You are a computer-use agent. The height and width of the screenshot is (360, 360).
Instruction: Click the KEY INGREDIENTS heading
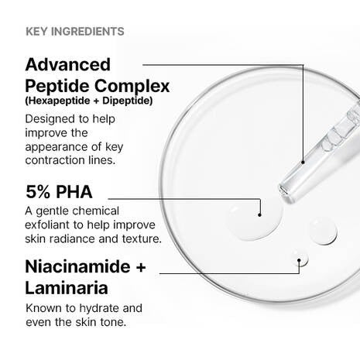(x=75, y=32)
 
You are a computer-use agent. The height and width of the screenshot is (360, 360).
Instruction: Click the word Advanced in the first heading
(x=68, y=64)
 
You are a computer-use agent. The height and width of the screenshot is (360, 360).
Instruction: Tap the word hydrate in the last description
(x=94, y=307)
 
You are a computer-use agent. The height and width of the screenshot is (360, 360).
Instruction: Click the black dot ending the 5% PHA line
(x=260, y=214)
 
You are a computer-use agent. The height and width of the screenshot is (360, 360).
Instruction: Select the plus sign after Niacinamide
(x=140, y=268)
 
